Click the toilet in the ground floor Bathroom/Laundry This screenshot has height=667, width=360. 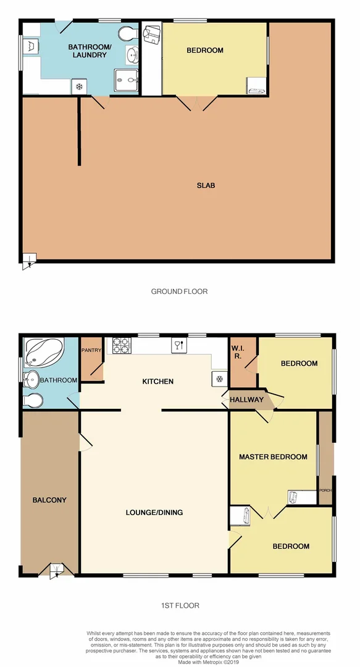click(128, 33)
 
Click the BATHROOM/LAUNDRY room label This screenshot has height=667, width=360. click(87, 51)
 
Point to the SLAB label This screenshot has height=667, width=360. click(206, 185)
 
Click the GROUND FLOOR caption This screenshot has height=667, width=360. click(179, 291)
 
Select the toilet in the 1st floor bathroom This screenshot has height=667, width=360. click(32, 401)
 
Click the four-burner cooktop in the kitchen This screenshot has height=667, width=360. click(121, 345)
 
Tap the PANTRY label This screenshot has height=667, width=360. click(91, 350)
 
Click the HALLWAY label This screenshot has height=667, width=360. click(246, 400)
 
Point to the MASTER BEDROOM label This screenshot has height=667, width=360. click(273, 457)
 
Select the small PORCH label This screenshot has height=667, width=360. click(325, 490)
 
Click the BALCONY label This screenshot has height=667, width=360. click(49, 500)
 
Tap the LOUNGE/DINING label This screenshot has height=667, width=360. click(154, 512)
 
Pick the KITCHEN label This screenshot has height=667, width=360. click(157, 382)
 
